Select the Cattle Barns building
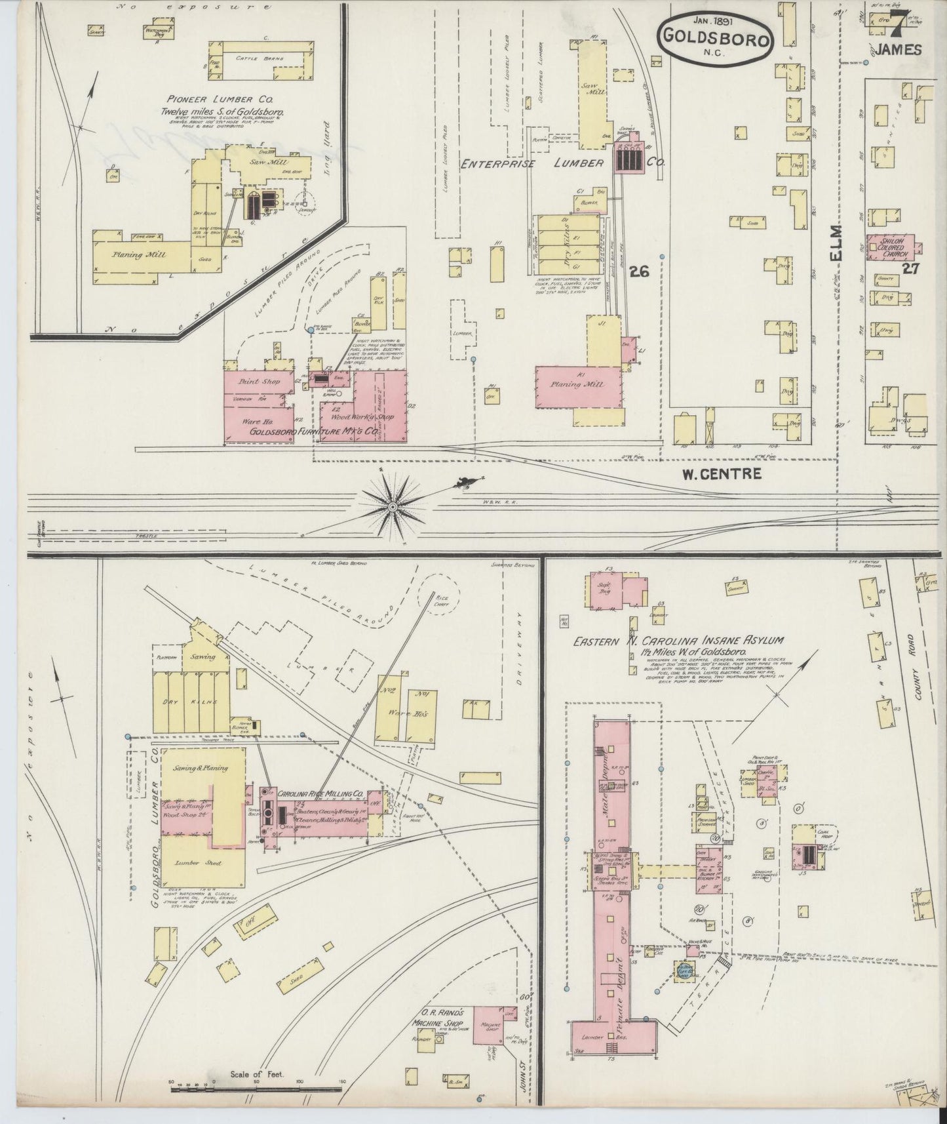tap(259, 59)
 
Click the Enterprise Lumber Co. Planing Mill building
tap(577, 387)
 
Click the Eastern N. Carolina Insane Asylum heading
tap(678, 641)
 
